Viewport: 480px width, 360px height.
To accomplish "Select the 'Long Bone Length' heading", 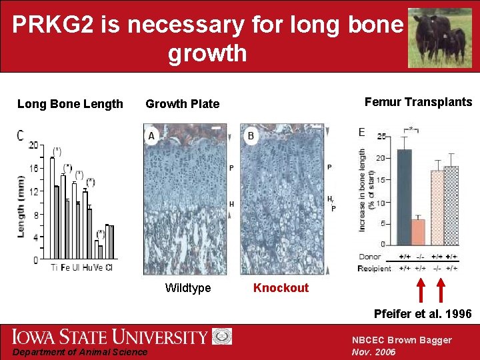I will pos(70,103).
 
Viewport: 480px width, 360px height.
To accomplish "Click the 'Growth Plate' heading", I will pos(182,103).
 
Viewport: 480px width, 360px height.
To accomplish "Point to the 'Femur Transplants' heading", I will pos(418,102).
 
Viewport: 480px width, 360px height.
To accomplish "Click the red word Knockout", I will pos(281,288).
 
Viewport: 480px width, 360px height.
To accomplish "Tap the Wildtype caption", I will pos(188,288).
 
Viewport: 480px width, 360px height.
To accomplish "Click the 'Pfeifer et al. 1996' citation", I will pos(423,313).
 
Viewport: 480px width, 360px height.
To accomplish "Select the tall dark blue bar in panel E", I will pos(404,197).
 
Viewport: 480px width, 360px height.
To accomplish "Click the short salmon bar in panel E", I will pos(418,231).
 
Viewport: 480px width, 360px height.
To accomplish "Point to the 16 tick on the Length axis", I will pos(33,168).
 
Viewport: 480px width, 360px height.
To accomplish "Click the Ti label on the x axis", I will pos(54,268).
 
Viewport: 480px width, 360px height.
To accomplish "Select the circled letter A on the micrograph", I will pos(152,136).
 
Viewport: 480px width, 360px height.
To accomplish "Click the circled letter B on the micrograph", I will pos(251,136).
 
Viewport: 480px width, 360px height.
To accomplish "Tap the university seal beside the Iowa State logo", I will pos(222,336).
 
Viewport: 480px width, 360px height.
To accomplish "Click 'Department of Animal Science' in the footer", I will pos(79,352).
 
